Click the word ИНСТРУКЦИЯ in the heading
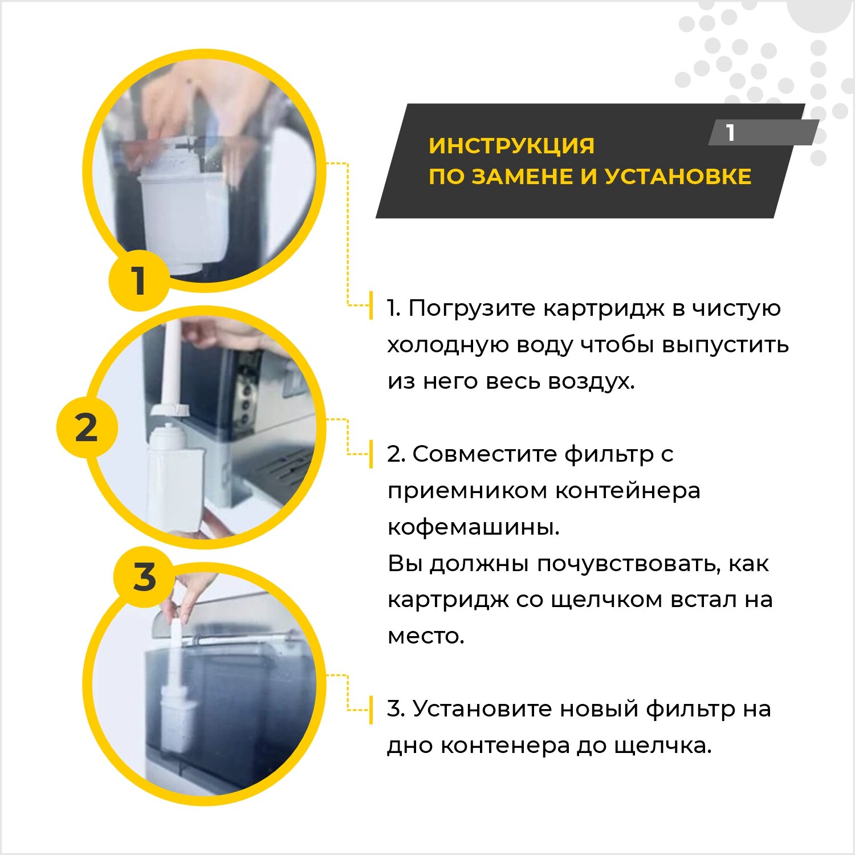511,145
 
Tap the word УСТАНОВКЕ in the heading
678,176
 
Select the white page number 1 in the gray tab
730,133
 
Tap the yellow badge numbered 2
87,427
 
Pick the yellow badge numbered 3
144,576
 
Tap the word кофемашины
473,527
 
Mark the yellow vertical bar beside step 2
371,454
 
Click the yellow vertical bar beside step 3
371,710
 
